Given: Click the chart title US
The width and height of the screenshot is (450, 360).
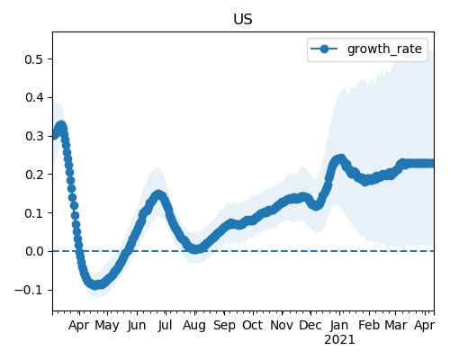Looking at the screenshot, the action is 243,20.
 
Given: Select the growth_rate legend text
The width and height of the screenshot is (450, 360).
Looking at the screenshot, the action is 384,49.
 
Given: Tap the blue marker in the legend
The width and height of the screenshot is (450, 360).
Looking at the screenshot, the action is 324,49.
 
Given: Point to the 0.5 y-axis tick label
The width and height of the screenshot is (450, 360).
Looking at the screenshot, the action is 33,59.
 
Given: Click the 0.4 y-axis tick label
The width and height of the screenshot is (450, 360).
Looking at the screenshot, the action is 33,97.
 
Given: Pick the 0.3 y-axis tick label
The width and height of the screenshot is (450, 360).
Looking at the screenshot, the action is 33,136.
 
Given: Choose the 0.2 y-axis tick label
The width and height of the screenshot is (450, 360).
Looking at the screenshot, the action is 33,175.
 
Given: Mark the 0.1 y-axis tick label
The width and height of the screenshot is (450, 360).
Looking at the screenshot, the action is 33,213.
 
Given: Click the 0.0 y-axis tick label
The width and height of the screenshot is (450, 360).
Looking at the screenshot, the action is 33,251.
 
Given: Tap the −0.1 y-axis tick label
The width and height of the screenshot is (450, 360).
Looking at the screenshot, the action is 29,290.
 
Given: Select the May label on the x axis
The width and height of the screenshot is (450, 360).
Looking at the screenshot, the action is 107,326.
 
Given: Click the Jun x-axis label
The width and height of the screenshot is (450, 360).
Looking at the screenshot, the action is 137,326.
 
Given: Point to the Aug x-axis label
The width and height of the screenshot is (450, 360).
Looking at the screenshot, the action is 194,326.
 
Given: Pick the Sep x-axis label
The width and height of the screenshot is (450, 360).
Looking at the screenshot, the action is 224,326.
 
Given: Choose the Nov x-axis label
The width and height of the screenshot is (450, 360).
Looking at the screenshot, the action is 282,325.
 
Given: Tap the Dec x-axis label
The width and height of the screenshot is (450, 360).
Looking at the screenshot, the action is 310,325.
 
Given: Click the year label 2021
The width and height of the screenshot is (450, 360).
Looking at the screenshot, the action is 339,340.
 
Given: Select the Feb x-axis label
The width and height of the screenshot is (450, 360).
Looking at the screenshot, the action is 369,325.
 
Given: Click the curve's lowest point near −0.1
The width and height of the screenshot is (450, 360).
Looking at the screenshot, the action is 95,285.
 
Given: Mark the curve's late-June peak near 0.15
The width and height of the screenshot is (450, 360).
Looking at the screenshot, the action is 158,195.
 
